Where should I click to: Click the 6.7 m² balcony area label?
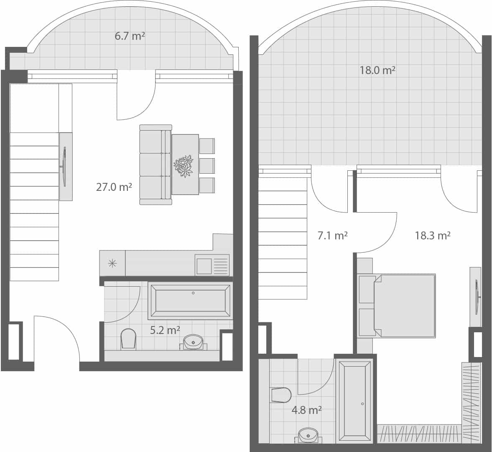click(130, 36)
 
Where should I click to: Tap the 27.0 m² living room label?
click(114, 187)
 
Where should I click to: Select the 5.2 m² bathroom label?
click(165, 330)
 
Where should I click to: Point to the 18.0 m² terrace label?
click(377, 70)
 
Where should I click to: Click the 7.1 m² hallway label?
click(332, 236)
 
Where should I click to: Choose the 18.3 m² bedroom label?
click(432, 236)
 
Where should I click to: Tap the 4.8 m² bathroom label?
click(306, 410)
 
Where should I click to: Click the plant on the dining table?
click(184, 166)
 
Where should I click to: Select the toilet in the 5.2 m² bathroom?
click(128, 339)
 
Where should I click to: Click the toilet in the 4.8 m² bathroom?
click(281, 395)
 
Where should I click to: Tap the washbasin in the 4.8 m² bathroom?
click(308, 434)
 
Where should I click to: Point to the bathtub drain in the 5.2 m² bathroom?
click(193, 293)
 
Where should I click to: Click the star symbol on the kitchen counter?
click(112, 263)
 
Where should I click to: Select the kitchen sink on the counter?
click(204, 266)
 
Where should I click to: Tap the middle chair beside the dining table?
click(207, 165)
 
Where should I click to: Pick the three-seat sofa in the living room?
click(155, 165)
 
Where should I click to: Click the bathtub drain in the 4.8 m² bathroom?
click(362, 404)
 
